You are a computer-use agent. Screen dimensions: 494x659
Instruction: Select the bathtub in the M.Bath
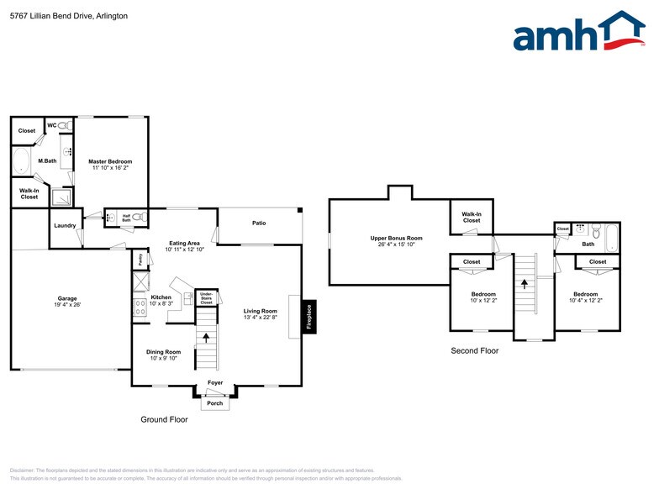pyautogui.click(x=22, y=161)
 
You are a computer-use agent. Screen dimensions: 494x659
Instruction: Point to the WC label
pyautogui.click(x=51, y=124)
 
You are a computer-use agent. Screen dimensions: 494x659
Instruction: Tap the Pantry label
pyautogui.click(x=140, y=260)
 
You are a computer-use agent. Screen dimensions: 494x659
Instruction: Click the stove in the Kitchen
pyautogui.click(x=140, y=307)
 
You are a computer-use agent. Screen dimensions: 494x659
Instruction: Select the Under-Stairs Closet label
pyautogui.click(x=206, y=297)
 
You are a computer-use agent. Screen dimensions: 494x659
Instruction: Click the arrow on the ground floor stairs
pyautogui.click(x=207, y=338)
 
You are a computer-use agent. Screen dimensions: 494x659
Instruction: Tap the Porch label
pyautogui.click(x=215, y=402)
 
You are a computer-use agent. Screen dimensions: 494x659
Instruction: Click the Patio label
pyautogui.click(x=259, y=223)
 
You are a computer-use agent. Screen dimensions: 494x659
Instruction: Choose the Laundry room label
pyautogui.click(x=65, y=225)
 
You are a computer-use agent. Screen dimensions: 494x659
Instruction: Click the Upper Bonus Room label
pyautogui.click(x=396, y=238)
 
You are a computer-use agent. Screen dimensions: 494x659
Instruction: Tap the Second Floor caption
pyautogui.click(x=475, y=351)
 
